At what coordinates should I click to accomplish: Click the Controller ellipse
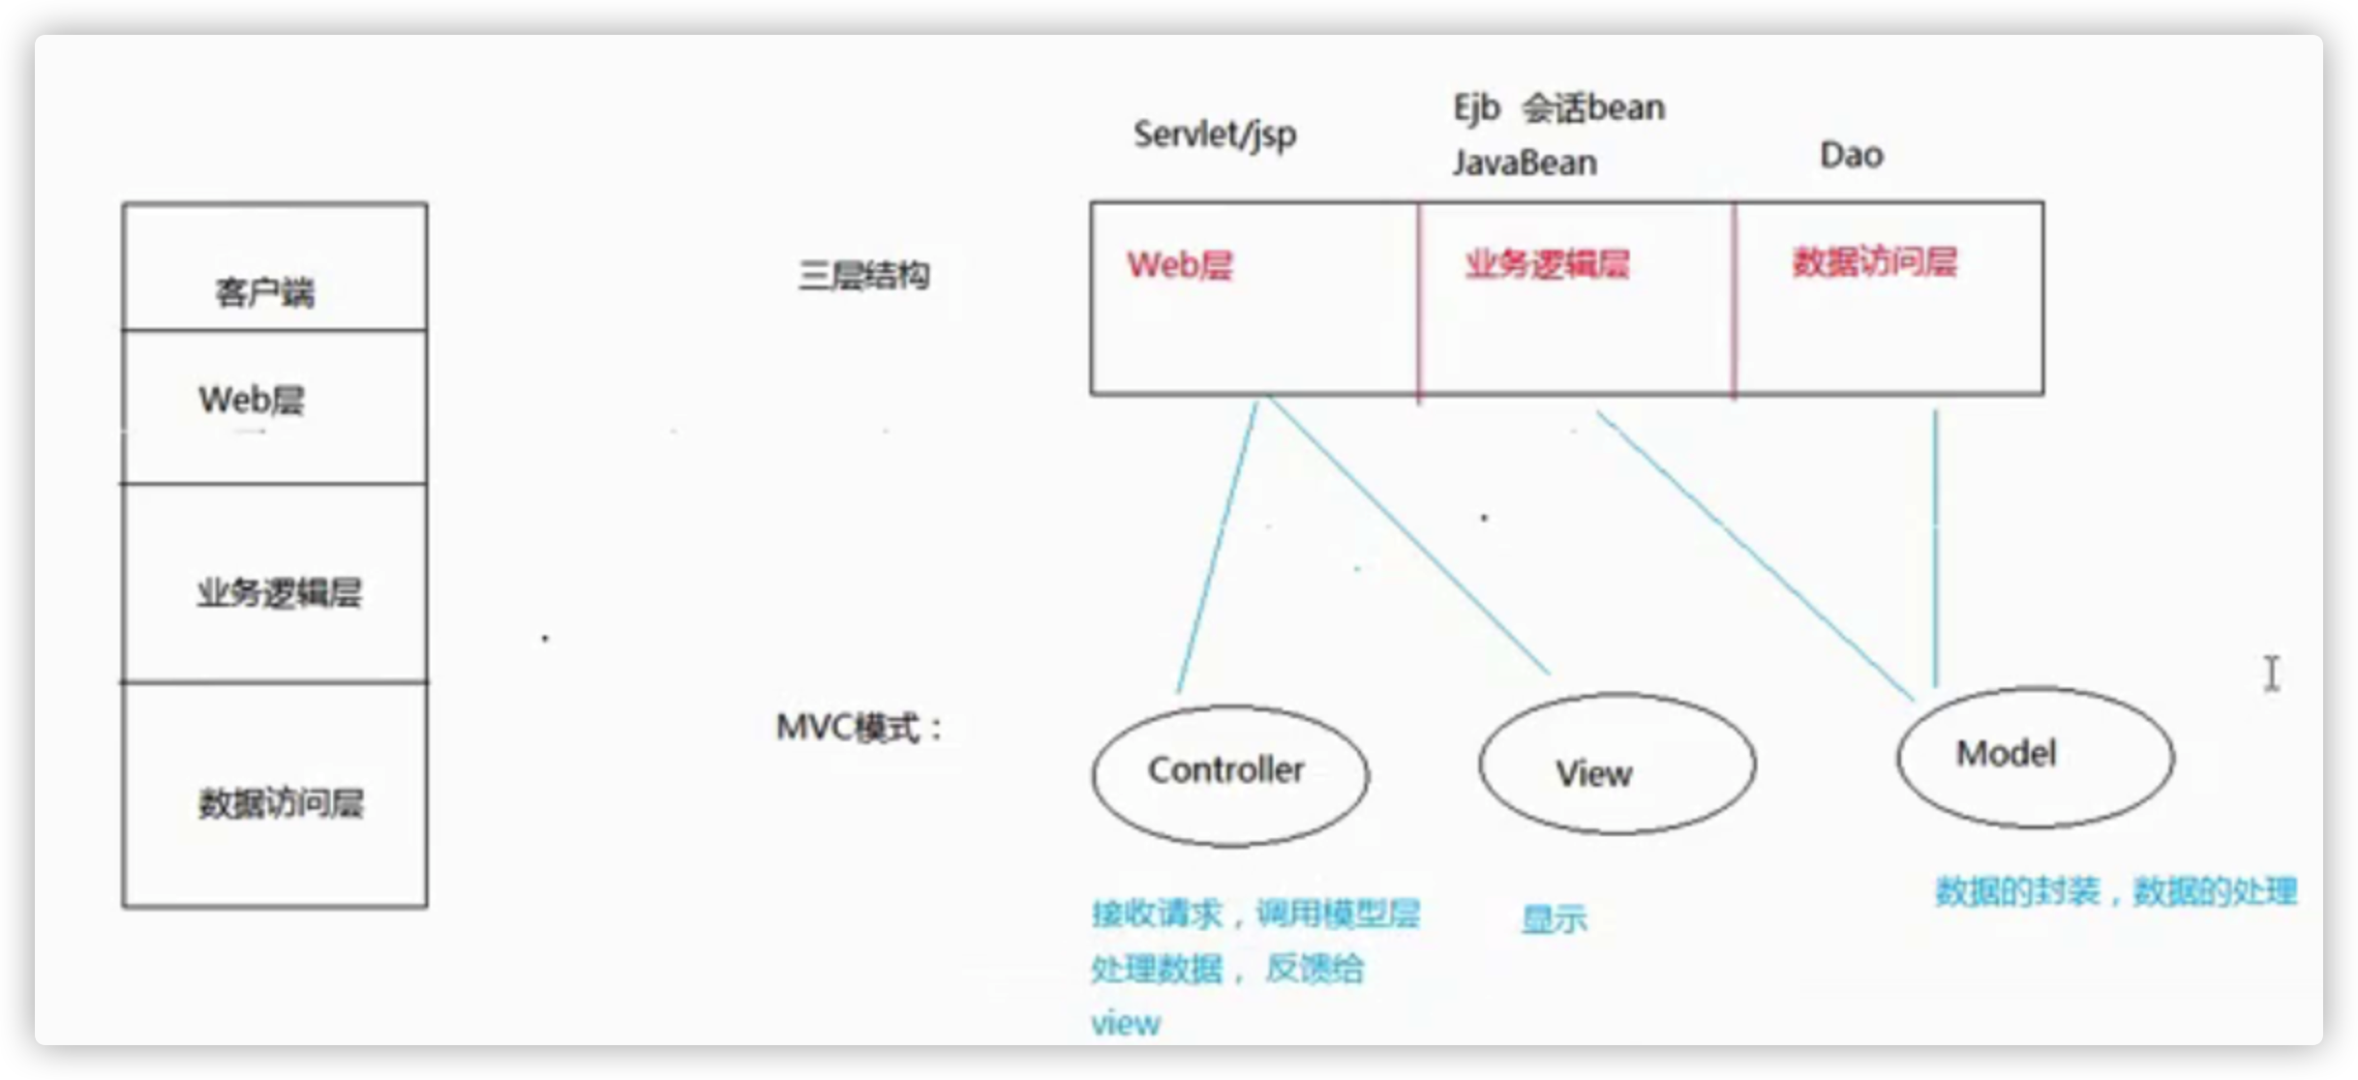click(1229, 774)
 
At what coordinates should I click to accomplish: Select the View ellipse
click(1617, 765)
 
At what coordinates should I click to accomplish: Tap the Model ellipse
click(2035, 757)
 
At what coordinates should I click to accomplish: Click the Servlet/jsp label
click(1215, 135)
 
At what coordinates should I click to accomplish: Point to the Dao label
click(1851, 155)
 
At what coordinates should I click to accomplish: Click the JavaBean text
click(1525, 163)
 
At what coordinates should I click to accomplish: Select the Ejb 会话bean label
click(1558, 107)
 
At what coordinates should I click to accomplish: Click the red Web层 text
click(1179, 265)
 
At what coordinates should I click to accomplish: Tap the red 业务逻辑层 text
click(1547, 264)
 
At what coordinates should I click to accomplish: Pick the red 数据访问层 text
click(1874, 262)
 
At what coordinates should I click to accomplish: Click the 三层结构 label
click(863, 276)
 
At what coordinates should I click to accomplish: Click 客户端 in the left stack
click(264, 291)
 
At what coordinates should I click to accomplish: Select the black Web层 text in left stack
click(251, 400)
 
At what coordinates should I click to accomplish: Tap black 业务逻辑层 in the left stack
click(279, 592)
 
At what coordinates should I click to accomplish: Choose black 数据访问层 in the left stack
click(281, 802)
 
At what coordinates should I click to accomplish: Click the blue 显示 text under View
click(1554, 918)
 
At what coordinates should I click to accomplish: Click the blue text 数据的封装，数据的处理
click(2115, 891)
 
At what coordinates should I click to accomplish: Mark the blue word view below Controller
click(1125, 1024)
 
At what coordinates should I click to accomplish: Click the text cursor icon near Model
click(2272, 674)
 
